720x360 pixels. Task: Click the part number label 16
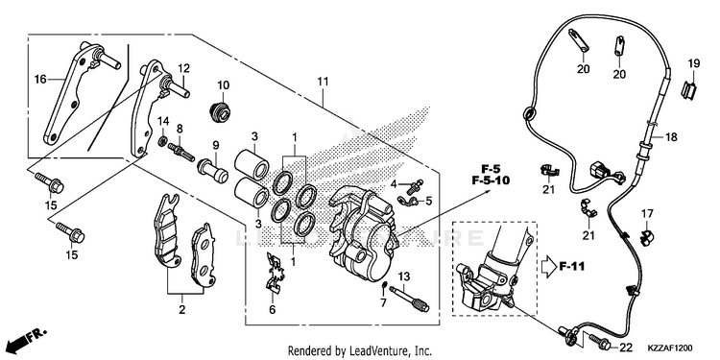40,80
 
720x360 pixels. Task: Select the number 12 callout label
183,68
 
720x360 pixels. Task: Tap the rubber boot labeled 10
222,112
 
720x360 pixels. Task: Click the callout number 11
323,82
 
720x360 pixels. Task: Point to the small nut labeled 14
162,141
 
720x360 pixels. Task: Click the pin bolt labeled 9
212,169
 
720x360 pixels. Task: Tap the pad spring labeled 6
276,273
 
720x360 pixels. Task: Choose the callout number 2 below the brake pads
181,309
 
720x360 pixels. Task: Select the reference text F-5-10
491,180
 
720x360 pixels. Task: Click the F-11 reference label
572,266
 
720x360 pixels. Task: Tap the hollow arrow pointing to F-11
547,267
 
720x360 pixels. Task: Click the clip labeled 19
687,89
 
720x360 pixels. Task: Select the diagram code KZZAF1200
670,348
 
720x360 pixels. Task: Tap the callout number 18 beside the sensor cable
671,137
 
